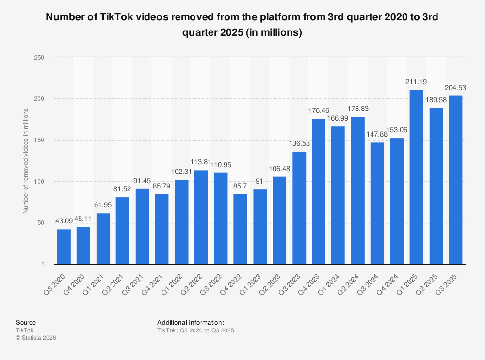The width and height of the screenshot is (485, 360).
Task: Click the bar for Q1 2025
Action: (x=416, y=177)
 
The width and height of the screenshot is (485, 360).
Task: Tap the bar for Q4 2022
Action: (x=240, y=229)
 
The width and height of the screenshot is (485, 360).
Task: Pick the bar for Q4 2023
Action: (x=319, y=191)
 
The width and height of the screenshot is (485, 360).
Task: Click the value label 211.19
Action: (x=416, y=82)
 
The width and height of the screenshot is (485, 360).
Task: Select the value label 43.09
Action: (x=64, y=221)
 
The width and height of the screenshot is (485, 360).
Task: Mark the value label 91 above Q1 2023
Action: (x=259, y=182)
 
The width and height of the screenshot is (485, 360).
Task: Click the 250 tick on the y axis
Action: (x=40, y=57)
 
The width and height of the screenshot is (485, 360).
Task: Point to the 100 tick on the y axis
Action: (x=40, y=182)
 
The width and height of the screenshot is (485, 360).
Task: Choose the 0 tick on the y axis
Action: (x=43, y=265)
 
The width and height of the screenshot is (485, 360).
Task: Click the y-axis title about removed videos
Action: (x=26, y=161)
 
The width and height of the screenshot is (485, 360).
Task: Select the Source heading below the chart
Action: (x=26, y=322)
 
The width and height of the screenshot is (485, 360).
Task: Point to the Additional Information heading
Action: (x=190, y=322)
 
